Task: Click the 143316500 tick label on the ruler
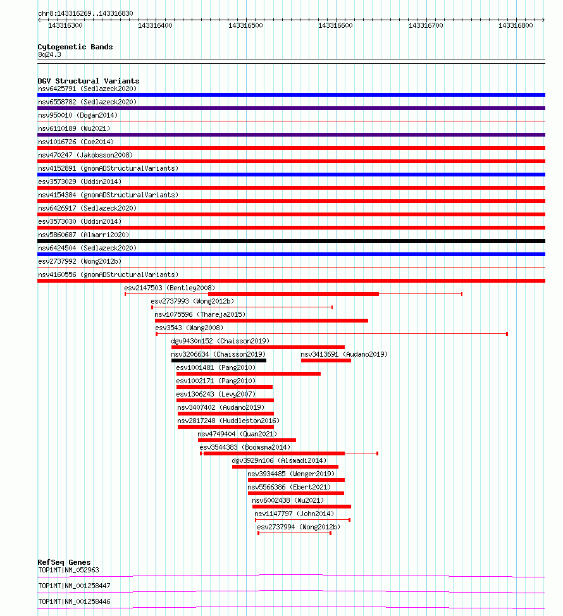(245, 25)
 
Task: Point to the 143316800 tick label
(516, 25)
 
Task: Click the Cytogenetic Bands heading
(75, 47)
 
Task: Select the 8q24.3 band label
(49, 54)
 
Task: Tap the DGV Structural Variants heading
(89, 81)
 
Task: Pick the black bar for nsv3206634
(219, 360)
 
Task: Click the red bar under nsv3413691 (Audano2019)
(326, 360)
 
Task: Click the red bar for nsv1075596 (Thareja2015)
(261, 321)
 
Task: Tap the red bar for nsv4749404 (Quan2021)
(247, 440)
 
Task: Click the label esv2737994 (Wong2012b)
(299, 527)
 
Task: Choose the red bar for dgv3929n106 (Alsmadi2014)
(285, 467)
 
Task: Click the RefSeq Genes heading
(64, 562)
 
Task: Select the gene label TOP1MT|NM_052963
(68, 570)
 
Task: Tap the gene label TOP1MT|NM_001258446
(74, 601)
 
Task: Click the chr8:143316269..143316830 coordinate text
(85, 13)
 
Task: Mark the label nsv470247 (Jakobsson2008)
(85, 155)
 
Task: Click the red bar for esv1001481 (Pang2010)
(249, 374)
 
